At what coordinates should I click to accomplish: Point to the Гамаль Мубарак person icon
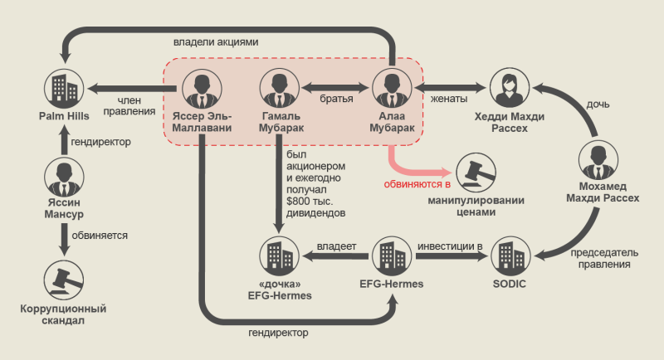(x=276, y=87)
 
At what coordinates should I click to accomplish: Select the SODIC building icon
(x=509, y=255)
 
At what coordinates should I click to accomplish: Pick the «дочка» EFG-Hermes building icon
(x=276, y=255)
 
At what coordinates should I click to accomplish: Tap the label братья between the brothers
(x=336, y=99)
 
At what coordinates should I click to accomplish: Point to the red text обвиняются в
(x=416, y=184)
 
